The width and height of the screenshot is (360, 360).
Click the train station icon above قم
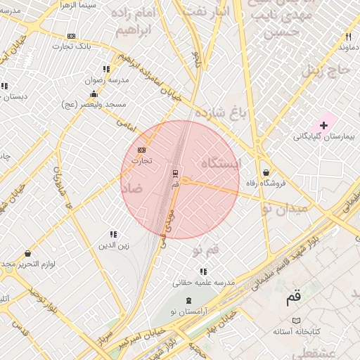pyautogui.click(x=175, y=173)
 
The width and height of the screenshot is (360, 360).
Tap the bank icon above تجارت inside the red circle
pyautogui.click(x=142, y=150)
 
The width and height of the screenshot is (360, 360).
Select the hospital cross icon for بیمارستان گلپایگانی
pyautogui.click(x=323, y=124)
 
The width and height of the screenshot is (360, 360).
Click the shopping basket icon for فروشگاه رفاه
pyautogui.click(x=266, y=172)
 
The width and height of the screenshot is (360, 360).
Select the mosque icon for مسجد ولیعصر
pyautogui.click(x=94, y=94)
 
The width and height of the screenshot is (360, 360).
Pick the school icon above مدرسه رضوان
pyautogui.click(x=105, y=70)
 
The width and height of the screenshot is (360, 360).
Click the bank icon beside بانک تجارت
pyautogui.click(x=71, y=36)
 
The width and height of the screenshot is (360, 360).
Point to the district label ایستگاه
pyautogui.click(x=221, y=163)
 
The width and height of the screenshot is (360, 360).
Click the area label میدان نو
pyautogui.click(x=285, y=209)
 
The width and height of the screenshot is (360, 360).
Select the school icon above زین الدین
pyautogui.click(x=112, y=234)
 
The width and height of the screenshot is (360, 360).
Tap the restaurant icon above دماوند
pyautogui.click(x=348, y=37)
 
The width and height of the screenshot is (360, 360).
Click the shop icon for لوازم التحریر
pyautogui.click(x=27, y=253)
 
